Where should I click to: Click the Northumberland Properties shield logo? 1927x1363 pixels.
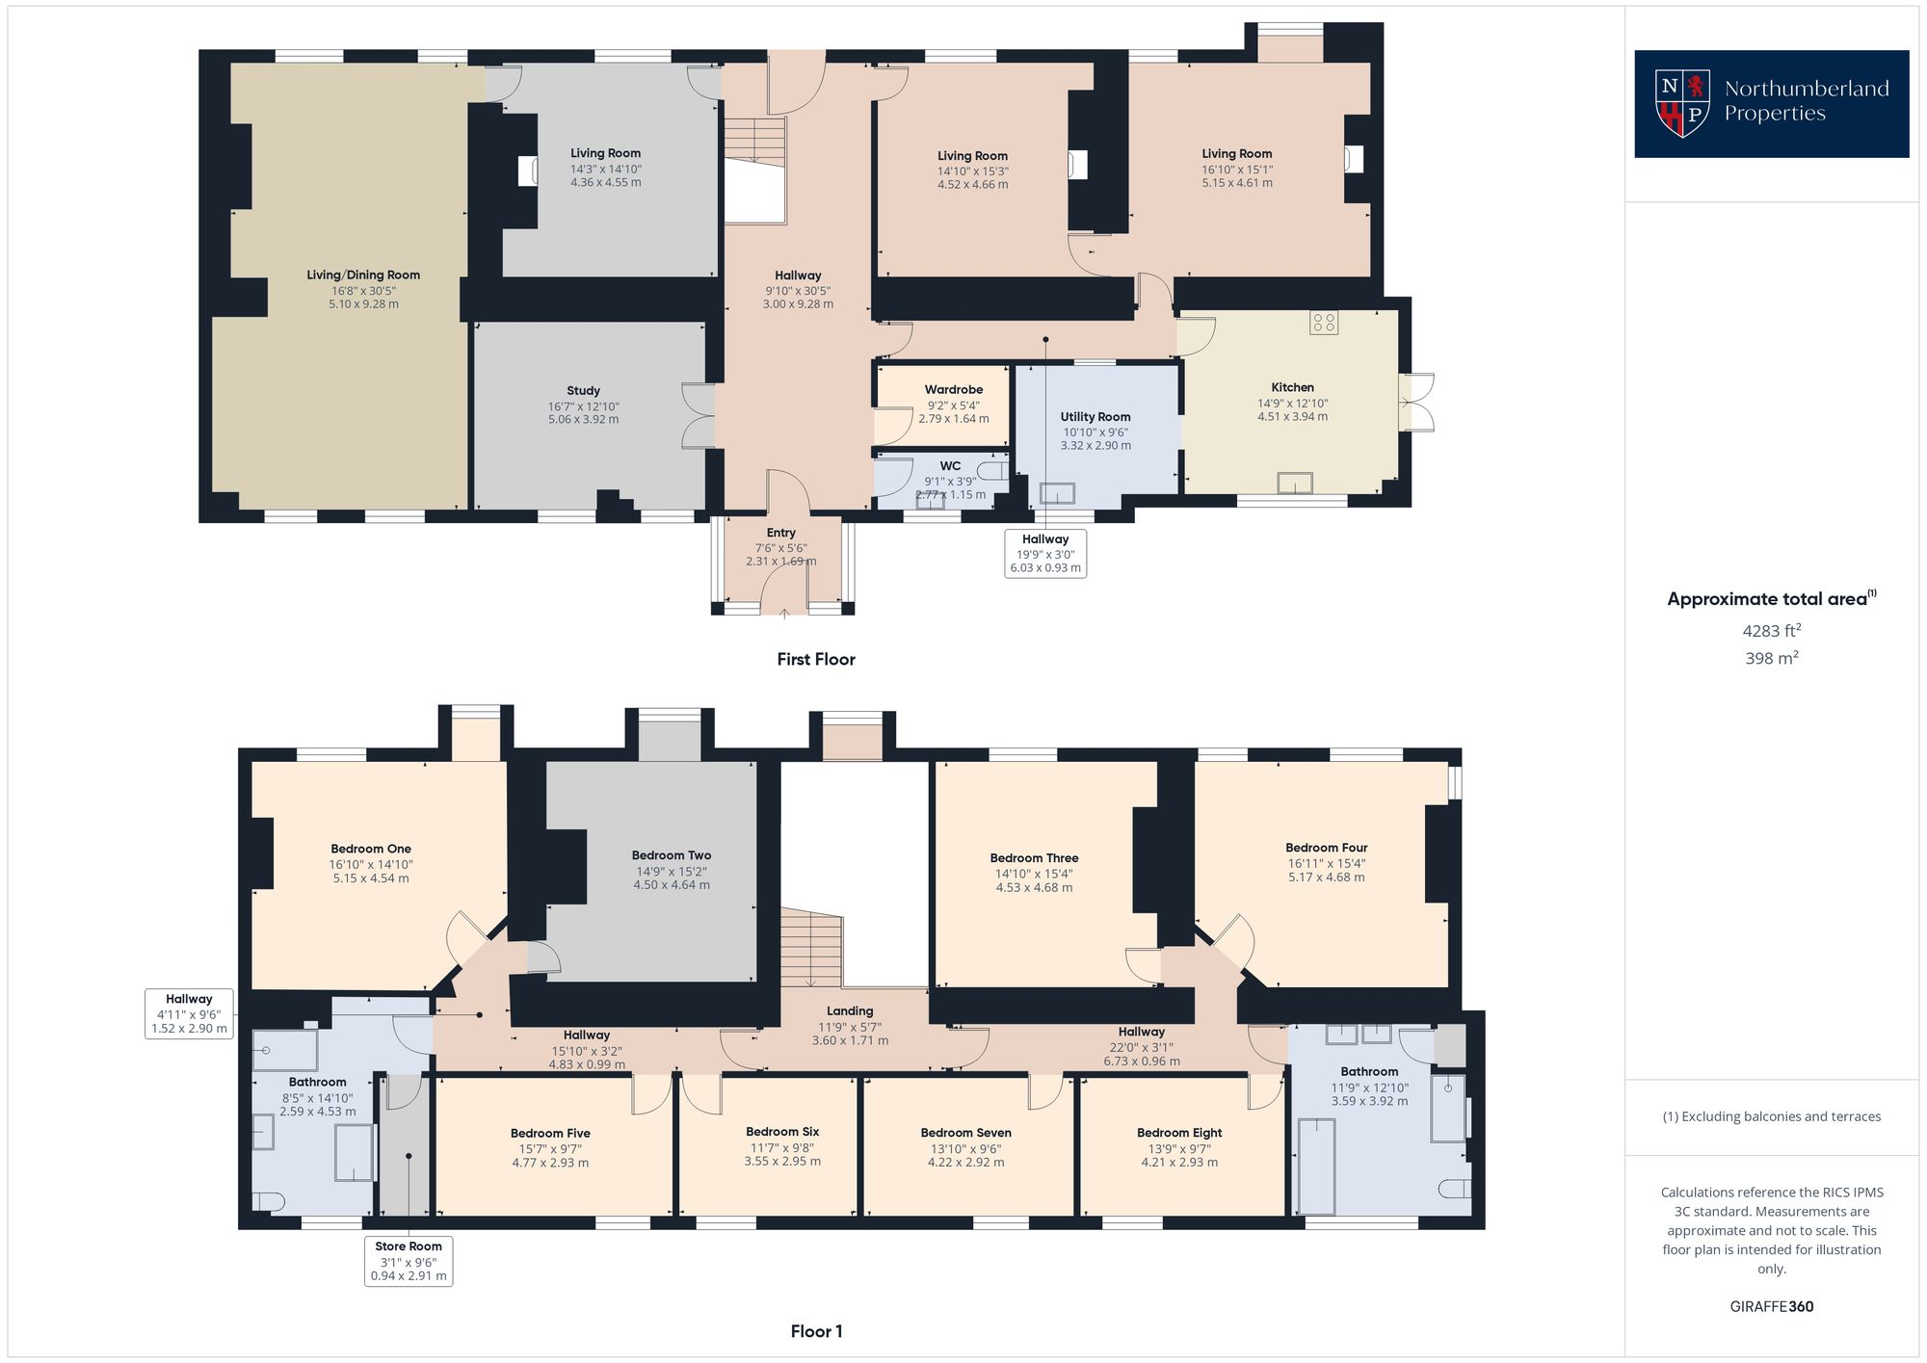(x=1682, y=103)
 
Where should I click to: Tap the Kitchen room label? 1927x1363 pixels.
(x=1292, y=387)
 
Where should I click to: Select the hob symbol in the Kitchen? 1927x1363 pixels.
(x=1323, y=323)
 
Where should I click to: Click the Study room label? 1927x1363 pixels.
(x=583, y=391)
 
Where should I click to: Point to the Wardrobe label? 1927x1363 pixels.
(x=953, y=390)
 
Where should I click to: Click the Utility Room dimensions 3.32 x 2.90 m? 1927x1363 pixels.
(x=1095, y=446)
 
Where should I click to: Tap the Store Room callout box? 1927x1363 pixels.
(x=409, y=1260)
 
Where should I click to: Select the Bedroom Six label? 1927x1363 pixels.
(x=781, y=1132)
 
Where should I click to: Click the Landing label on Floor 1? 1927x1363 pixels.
(x=849, y=1011)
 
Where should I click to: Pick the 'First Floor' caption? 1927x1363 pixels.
(x=816, y=659)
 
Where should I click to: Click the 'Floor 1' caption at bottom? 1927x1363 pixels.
(x=816, y=1331)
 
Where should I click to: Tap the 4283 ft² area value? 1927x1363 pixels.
(x=1771, y=631)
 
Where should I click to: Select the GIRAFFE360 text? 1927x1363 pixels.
(x=1771, y=1307)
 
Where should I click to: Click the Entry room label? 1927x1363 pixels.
(x=780, y=533)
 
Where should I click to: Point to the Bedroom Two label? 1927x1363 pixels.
(x=671, y=855)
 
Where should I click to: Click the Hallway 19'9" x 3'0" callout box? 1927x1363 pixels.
(x=1044, y=553)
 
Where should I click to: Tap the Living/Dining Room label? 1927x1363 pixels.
(x=363, y=275)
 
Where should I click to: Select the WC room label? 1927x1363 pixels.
(x=950, y=466)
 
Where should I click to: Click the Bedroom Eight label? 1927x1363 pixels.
(x=1178, y=1133)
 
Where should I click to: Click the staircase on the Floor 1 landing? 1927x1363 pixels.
(x=811, y=949)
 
